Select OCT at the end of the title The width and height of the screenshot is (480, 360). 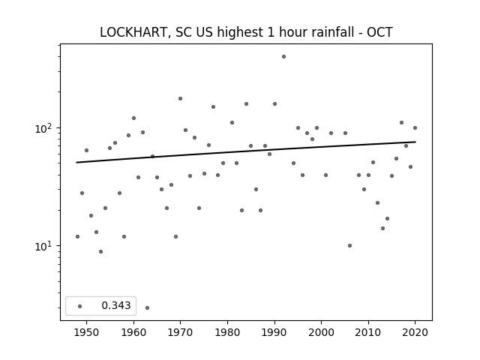[x=379, y=32]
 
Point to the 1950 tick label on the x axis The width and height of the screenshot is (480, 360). [x=87, y=332]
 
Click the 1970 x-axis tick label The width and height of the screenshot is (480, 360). [x=180, y=332]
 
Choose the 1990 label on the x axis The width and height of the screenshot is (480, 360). [x=274, y=332]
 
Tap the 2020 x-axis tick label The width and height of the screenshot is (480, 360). [x=415, y=332]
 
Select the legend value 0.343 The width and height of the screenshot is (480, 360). [x=116, y=305]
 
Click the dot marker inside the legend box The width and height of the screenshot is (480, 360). [x=80, y=306]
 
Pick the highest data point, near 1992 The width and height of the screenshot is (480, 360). [x=283, y=57]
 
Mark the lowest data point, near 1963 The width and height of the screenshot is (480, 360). [x=147, y=307]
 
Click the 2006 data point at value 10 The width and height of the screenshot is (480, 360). [x=350, y=245]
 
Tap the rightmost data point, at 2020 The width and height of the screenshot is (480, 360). [x=415, y=128]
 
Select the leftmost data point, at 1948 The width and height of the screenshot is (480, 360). [x=77, y=237]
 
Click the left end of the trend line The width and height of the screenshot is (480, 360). [x=76, y=163]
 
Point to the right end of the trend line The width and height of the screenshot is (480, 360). [x=415, y=142]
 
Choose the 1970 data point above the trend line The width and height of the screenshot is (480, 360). [x=180, y=98]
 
